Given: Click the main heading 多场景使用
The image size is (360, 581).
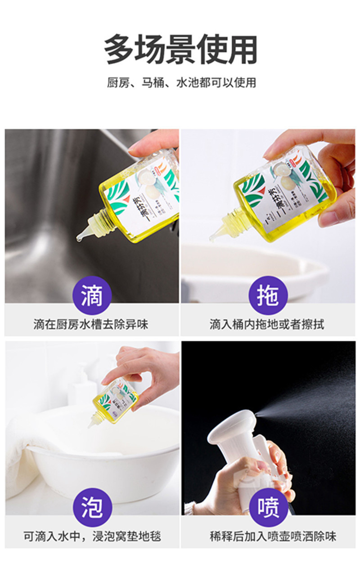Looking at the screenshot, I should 180,49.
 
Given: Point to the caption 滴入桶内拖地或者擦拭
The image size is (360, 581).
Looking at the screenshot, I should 267,324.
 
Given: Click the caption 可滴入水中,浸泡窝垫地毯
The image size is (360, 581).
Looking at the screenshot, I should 92,536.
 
